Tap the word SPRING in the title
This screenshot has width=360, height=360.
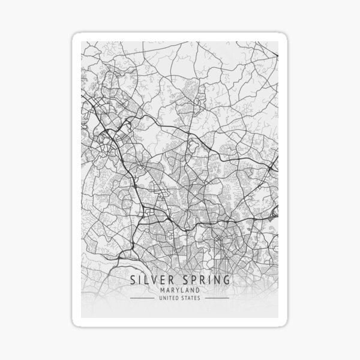coord(204,280)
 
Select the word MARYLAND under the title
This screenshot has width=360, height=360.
coord(179,290)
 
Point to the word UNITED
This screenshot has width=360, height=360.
coord(169,298)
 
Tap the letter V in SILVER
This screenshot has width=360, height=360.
coord(155,280)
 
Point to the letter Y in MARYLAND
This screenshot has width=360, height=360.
coord(178,290)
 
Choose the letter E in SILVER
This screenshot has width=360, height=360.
coord(164,280)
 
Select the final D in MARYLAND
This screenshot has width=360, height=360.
coord(199,290)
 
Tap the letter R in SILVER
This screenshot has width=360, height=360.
coord(173,280)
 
